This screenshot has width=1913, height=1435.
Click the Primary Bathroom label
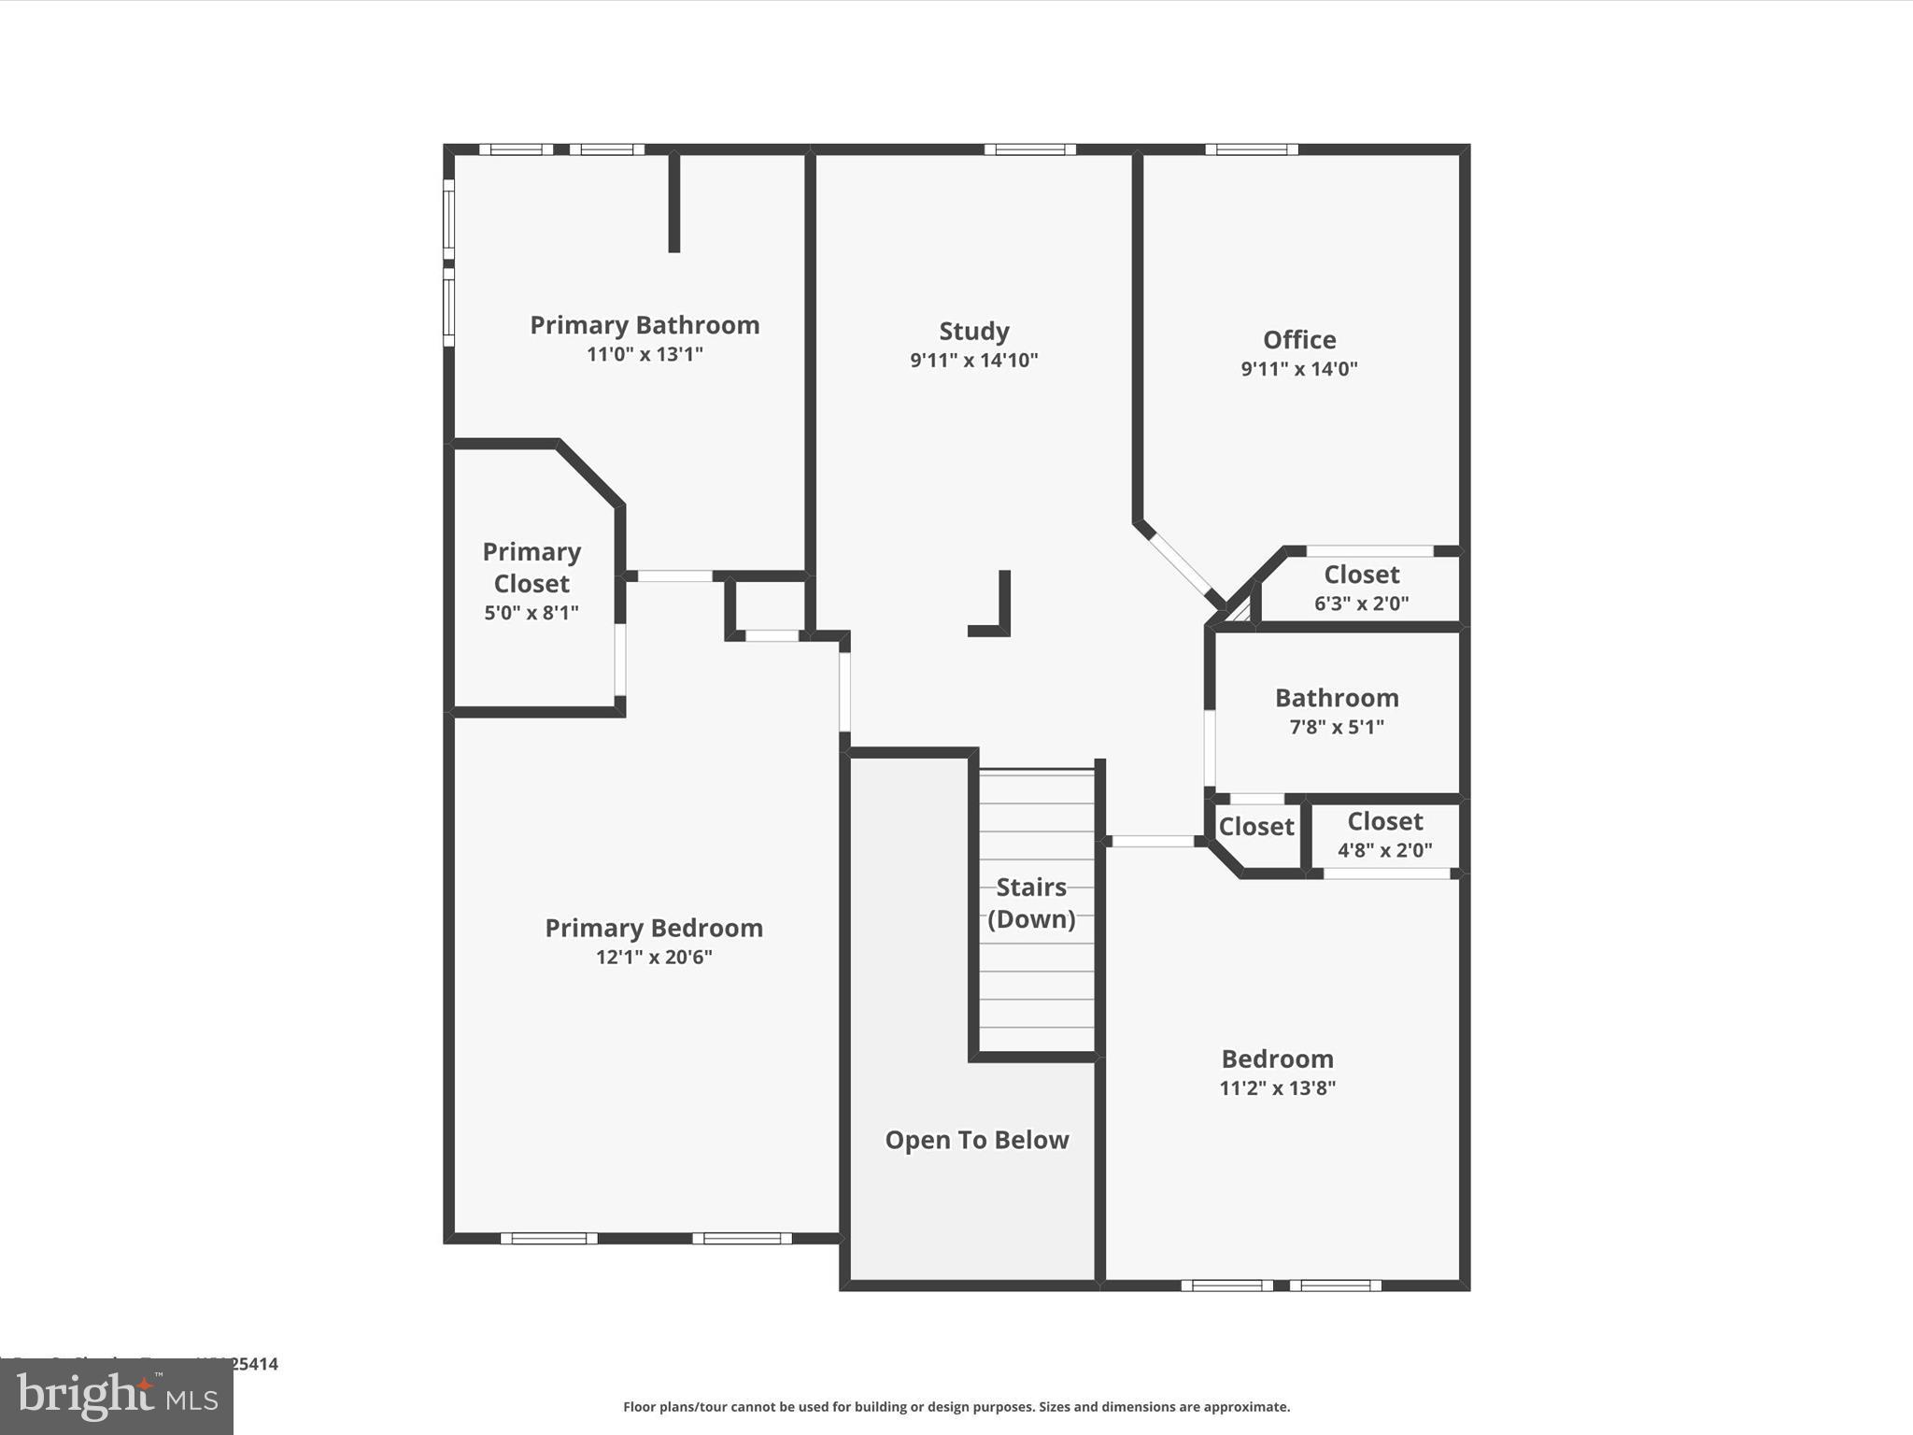pos(645,325)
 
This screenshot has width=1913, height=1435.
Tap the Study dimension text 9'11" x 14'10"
pos(973,360)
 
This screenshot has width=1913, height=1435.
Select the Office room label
pos(1298,339)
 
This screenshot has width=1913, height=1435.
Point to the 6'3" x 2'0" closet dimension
pos(1361,604)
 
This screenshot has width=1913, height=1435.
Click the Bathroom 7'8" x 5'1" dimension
pos(1337,727)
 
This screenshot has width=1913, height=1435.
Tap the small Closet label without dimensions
pos(1255,827)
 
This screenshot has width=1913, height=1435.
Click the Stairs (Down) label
pos(1031,902)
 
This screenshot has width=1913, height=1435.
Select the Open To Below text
pos(976,1140)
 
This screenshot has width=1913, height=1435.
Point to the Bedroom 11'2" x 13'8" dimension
pos(1277,1087)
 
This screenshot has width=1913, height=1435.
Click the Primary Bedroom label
pos(654,928)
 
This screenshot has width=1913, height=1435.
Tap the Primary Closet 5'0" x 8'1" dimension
pos(531,613)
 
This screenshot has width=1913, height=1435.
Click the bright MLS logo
pos(117,1396)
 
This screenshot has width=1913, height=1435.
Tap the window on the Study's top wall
pos(1029,149)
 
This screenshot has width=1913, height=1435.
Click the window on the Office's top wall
pos(1251,149)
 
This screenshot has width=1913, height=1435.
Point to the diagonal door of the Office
pos(1181,563)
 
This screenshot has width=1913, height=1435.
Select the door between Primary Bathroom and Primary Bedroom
pos(674,576)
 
